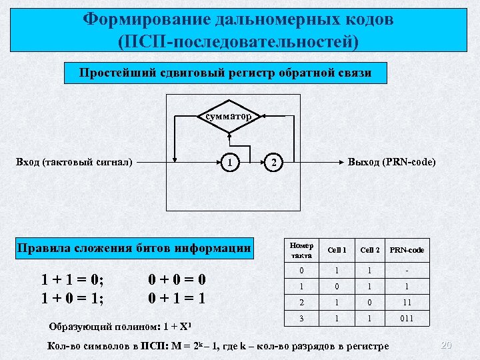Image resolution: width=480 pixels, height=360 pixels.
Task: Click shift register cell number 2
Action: [x=273, y=163]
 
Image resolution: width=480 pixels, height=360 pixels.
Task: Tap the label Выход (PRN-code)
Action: [x=391, y=162]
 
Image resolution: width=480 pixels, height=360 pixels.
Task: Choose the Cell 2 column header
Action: [x=370, y=251]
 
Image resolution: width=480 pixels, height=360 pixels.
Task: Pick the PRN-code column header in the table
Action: [x=407, y=251]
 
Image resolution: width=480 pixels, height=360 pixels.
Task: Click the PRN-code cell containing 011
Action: [x=407, y=319]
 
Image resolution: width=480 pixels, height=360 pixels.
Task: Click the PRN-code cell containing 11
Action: [x=407, y=302]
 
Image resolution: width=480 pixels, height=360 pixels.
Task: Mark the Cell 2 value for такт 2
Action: [x=370, y=302]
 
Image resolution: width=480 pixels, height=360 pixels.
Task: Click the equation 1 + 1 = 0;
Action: [x=73, y=278]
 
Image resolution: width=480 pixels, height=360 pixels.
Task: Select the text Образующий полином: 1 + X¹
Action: [x=121, y=327]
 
